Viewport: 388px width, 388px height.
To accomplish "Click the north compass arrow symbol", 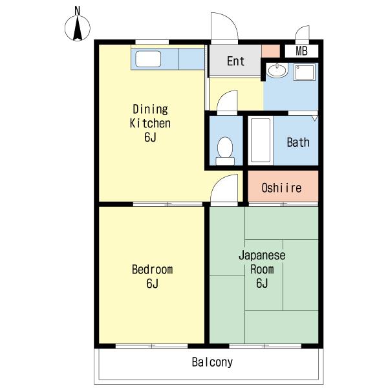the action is pyautogui.click(x=78, y=28).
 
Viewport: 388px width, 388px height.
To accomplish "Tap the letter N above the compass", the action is pyautogui.click(x=78, y=10).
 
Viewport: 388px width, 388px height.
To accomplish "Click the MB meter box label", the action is pyautogui.click(x=301, y=51).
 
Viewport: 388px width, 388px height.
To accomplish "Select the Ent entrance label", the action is pyautogui.click(x=236, y=61).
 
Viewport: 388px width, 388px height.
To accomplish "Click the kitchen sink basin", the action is pyautogui.click(x=148, y=59).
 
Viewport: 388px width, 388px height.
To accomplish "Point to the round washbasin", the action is pyautogui.click(x=277, y=70).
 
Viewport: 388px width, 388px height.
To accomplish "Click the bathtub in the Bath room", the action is pyautogui.click(x=261, y=140).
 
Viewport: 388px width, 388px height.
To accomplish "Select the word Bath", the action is pyautogui.click(x=298, y=142).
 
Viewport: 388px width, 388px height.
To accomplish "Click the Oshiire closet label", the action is pyautogui.click(x=281, y=188).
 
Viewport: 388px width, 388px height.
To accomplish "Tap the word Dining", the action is pyautogui.click(x=151, y=109).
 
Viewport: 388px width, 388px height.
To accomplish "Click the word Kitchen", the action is pyautogui.click(x=150, y=124).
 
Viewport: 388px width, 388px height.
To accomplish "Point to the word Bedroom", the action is pyautogui.click(x=152, y=270).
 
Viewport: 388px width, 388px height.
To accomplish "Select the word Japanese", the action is pyautogui.click(x=262, y=255).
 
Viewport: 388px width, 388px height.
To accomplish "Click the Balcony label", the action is pyautogui.click(x=212, y=362).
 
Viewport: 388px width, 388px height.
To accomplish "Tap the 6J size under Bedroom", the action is pyautogui.click(x=152, y=283).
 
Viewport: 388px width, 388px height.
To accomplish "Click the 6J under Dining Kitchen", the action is pyautogui.click(x=150, y=137).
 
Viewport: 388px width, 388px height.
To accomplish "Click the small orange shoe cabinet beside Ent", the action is pyautogui.click(x=271, y=51).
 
